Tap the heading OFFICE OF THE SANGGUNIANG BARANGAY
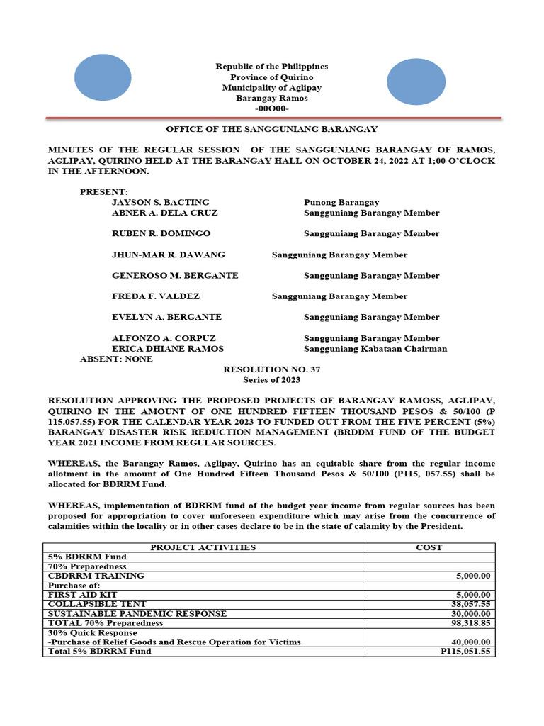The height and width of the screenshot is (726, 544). [x=271, y=129]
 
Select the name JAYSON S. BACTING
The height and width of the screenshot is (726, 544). [x=161, y=202]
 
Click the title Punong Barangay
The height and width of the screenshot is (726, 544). [x=341, y=202]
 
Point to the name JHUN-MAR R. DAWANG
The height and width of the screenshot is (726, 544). [x=169, y=255]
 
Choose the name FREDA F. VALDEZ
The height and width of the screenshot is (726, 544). [x=156, y=296]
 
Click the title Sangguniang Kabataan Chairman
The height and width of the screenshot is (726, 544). [x=375, y=349]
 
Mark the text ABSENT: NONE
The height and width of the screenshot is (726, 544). [x=116, y=359]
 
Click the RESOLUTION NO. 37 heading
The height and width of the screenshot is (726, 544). [x=272, y=370]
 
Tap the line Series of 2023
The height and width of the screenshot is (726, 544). [x=272, y=381]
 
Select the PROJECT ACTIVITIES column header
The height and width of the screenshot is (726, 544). [x=203, y=547]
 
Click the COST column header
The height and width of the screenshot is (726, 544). [x=429, y=547]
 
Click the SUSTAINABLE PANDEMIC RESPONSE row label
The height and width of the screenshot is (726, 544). [x=137, y=613]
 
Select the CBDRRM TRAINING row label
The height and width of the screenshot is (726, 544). [x=96, y=576]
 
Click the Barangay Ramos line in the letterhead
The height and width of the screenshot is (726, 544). [x=271, y=99]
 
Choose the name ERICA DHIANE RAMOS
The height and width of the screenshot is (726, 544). [x=168, y=349]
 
